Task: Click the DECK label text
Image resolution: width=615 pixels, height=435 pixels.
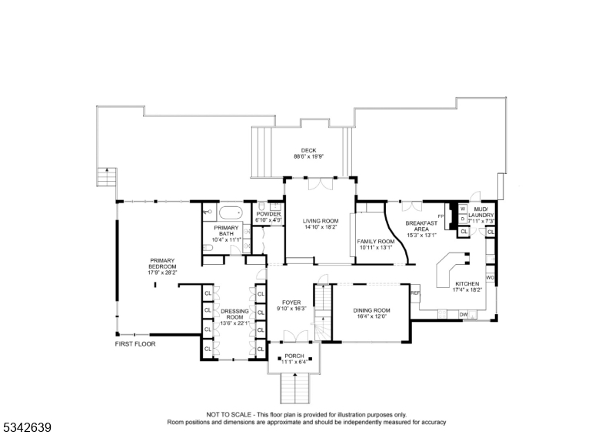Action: coord(308,150)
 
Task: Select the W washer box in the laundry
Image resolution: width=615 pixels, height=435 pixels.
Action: coord(463,208)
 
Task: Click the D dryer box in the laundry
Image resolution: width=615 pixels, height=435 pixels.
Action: coord(463,219)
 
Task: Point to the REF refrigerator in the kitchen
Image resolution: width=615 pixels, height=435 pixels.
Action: coord(415,293)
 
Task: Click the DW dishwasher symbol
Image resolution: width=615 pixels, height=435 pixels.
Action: coord(464,315)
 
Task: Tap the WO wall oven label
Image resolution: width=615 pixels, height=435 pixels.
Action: coord(490,277)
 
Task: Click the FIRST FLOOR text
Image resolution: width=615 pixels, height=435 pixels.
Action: coord(135,344)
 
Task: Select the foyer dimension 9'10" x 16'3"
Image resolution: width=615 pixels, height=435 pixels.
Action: coord(292,309)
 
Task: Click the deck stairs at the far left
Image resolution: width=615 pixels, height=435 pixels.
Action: coord(105,176)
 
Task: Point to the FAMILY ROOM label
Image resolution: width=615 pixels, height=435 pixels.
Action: coord(376,242)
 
